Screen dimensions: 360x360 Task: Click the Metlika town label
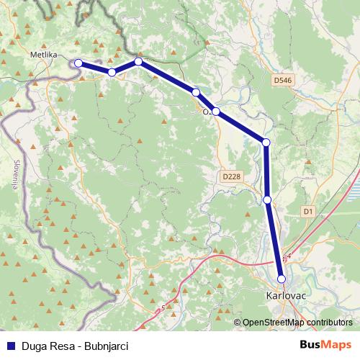point(45,54)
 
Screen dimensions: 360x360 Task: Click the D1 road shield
point(309,211)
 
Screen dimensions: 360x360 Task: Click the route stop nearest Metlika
point(78,63)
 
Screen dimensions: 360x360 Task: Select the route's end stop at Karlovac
point(282,279)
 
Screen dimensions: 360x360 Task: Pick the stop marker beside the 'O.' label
point(215,111)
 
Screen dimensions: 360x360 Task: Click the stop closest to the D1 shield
point(267,199)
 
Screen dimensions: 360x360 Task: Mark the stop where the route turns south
point(266,143)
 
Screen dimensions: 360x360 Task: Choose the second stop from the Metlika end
point(112,73)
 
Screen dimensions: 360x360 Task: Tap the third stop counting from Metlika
point(138,62)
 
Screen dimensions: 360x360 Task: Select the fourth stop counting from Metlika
point(196,92)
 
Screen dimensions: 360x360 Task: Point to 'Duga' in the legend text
point(33,345)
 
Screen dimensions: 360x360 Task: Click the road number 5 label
point(163,307)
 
